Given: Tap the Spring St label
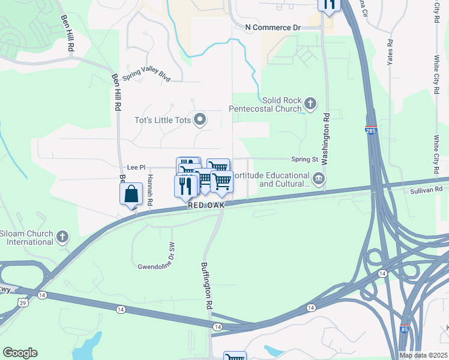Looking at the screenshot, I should coord(304,160).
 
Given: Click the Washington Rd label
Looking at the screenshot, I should coord(327,133).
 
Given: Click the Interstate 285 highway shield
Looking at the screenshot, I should coord(371,130).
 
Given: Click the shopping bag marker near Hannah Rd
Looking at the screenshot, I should coord(131,194).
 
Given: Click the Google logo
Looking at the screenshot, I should coord(20,353).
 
